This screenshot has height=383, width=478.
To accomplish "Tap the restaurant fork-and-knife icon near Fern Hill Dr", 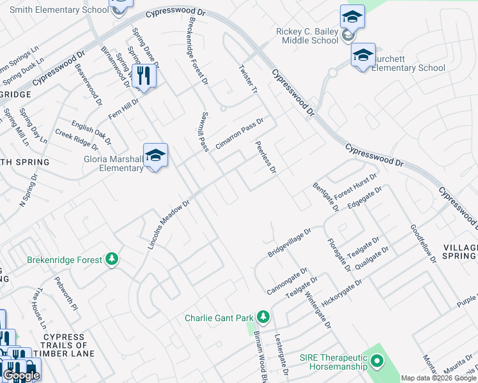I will [x=144, y=77].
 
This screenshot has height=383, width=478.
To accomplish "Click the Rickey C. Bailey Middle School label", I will [x=307, y=36].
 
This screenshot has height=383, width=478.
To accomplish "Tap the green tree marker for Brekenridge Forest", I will [x=112, y=259].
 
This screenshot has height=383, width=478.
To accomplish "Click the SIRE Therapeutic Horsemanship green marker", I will [x=377, y=362].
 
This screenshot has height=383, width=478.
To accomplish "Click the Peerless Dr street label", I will [x=266, y=158].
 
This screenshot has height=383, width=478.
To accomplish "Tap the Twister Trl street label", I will [x=247, y=80].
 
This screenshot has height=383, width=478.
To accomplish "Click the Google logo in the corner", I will [x=21, y=375].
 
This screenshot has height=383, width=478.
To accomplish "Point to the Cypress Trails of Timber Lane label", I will [x=64, y=345].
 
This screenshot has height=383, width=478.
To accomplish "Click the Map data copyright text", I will [x=438, y=378].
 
